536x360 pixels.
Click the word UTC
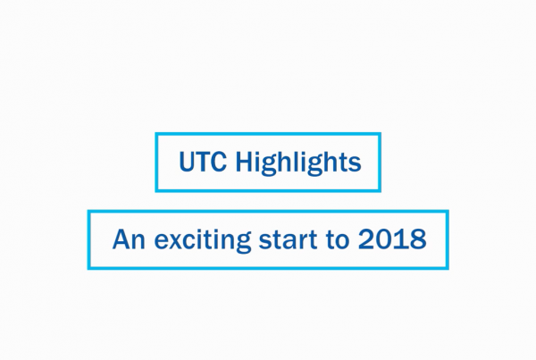(203, 162)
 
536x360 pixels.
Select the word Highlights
(298, 163)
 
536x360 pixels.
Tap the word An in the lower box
(129, 239)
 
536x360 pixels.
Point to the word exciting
(203, 240)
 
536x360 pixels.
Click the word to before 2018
(338, 239)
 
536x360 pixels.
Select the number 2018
(392, 239)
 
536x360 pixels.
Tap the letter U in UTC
(187, 162)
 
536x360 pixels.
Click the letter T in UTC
(203, 162)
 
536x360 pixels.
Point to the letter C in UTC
(219, 162)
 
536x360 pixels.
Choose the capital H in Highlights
(244, 162)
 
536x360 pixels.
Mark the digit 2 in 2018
(366, 239)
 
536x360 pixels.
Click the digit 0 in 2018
(384, 239)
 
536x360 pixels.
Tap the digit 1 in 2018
(400, 239)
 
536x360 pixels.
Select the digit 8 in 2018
(418, 239)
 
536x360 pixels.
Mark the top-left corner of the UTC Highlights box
(155, 133)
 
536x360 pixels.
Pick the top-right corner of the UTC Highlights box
(381, 133)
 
